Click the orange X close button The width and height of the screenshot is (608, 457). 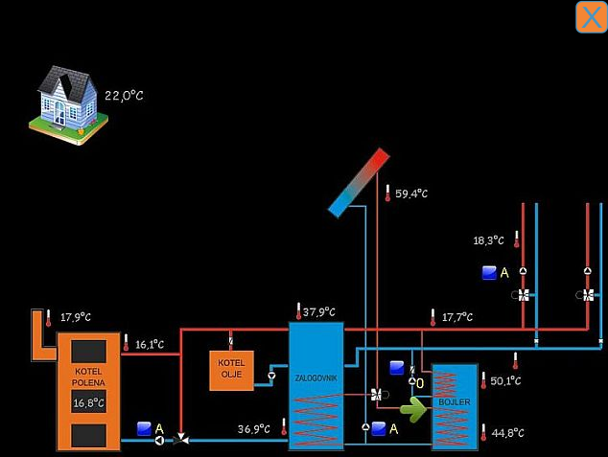pyautogui.click(x=590, y=17)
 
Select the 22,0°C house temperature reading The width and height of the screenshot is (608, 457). pyautogui.click(x=124, y=96)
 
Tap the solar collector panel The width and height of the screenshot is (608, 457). pyautogui.click(x=358, y=182)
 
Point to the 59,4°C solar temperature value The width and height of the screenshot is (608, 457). pyautogui.click(x=411, y=194)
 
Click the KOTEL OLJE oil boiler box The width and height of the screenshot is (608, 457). pyautogui.click(x=231, y=370)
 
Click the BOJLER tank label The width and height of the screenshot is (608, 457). pyautogui.click(x=454, y=402)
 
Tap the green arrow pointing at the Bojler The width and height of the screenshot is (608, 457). pyautogui.click(x=413, y=410)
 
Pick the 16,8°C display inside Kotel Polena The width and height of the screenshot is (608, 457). pyautogui.click(x=89, y=403)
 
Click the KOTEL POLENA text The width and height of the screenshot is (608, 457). pyautogui.click(x=88, y=376)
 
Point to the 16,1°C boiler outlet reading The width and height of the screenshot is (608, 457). pyautogui.click(x=149, y=344)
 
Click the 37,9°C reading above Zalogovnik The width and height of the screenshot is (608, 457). pyautogui.click(x=319, y=311)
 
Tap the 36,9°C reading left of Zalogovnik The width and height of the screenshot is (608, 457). pyautogui.click(x=254, y=429)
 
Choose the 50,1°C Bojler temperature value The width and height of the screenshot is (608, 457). pyautogui.click(x=505, y=381)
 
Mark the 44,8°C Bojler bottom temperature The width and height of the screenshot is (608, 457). pyautogui.click(x=507, y=433)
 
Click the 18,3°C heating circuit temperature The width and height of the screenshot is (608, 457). pyautogui.click(x=488, y=240)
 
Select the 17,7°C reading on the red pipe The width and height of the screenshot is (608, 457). pyautogui.click(x=456, y=317)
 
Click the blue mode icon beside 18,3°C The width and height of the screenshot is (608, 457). pyautogui.click(x=489, y=273)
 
